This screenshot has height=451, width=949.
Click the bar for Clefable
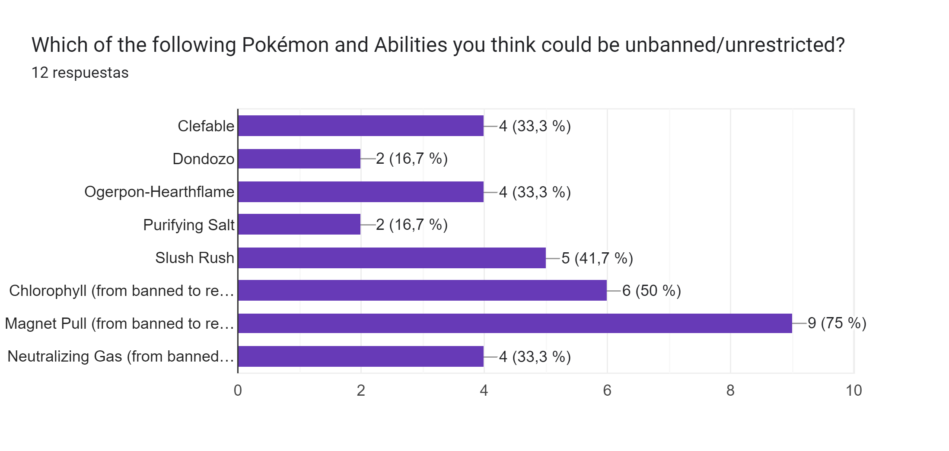click(x=361, y=126)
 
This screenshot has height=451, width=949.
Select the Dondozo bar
click(x=299, y=159)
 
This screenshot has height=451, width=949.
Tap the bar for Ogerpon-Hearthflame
click(x=361, y=192)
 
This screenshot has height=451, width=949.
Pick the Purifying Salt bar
click(x=299, y=224)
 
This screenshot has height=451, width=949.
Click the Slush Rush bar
click(x=392, y=258)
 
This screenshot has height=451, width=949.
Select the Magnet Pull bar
click(x=515, y=323)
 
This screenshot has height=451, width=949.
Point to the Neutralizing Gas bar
click(x=361, y=356)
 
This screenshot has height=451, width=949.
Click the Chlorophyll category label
click(x=121, y=291)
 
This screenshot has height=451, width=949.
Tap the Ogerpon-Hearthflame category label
click(x=159, y=192)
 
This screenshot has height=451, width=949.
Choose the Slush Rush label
click(x=194, y=258)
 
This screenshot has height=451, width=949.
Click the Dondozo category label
click(x=203, y=159)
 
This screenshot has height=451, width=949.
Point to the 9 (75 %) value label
click(x=837, y=323)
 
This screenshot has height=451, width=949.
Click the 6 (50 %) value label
click(x=652, y=291)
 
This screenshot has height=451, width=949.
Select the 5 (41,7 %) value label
click(x=597, y=258)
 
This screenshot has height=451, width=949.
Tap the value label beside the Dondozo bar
click(x=412, y=159)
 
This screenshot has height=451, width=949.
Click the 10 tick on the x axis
click(x=853, y=391)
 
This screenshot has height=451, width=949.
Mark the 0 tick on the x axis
click(x=238, y=391)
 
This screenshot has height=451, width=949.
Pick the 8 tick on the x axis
click(x=730, y=391)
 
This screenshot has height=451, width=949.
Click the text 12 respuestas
click(x=80, y=73)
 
